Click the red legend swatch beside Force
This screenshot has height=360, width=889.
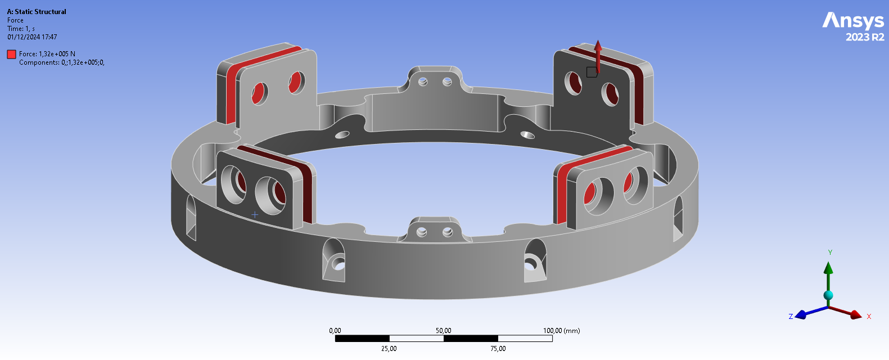coord(11,55)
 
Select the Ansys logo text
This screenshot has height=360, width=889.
coord(853,20)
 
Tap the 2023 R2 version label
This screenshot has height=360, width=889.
coord(865,37)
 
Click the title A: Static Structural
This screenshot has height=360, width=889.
coord(37,12)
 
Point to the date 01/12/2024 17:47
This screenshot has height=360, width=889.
coord(32,37)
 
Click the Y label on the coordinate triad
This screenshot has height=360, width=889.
coord(830,253)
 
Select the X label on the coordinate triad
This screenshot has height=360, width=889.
coord(869,316)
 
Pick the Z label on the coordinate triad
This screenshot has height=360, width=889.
coord(791,316)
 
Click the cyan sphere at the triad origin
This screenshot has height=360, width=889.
coord(828,295)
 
